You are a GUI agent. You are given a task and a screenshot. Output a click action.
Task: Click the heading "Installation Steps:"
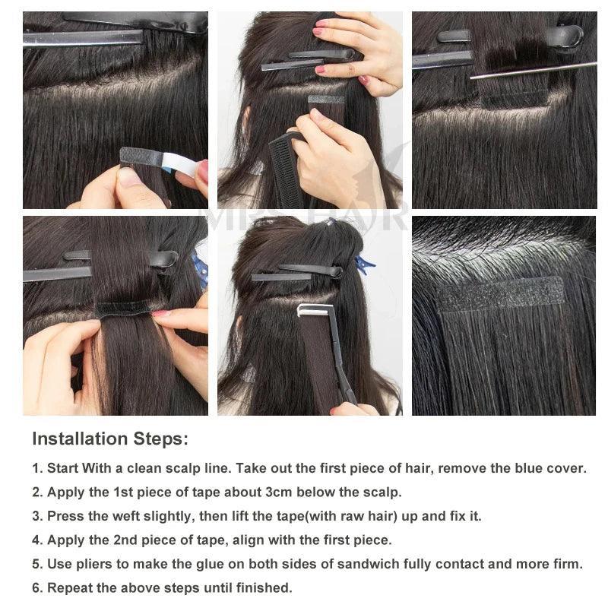[x=110, y=439]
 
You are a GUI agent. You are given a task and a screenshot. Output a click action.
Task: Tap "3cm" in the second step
[x=279, y=492]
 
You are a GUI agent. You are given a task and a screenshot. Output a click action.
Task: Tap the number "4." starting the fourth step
[x=37, y=540]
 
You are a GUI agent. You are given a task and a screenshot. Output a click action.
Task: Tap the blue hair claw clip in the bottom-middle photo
[x=363, y=264]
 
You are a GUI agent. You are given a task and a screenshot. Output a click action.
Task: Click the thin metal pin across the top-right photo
[x=534, y=70]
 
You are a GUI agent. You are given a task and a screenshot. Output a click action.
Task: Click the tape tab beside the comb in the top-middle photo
[x=326, y=100]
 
